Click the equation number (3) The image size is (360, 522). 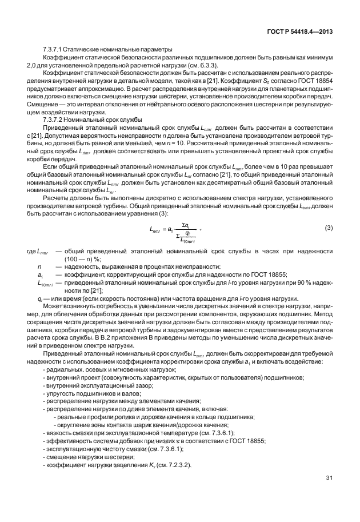329,228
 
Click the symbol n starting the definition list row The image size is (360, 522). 39,267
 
